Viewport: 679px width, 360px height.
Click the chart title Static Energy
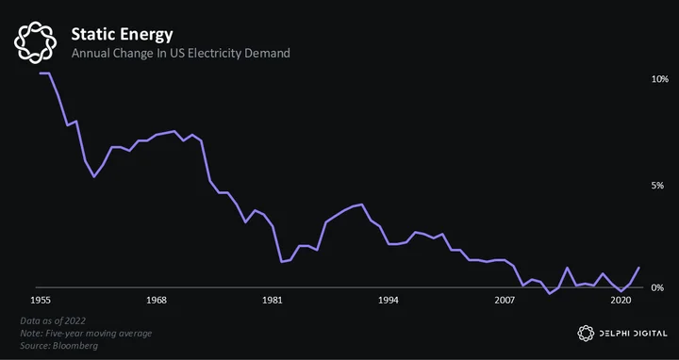pyautogui.click(x=122, y=35)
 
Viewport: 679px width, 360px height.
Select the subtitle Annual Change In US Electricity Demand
pyautogui.click(x=180, y=54)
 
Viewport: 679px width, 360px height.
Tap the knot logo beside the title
pyautogui.click(x=35, y=42)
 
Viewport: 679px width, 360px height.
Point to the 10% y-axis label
pyautogui.click(x=660, y=79)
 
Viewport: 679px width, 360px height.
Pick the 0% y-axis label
pyautogui.click(x=657, y=287)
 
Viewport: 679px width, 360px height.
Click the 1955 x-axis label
pyautogui.click(x=41, y=301)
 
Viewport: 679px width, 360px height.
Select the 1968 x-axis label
pyautogui.click(x=157, y=301)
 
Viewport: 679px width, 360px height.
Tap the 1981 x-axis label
pyautogui.click(x=273, y=301)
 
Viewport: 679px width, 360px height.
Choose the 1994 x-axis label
pyautogui.click(x=388, y=301)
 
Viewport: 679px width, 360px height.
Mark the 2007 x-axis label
pyautogui.click(x=504, y=301)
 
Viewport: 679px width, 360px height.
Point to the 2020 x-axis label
pyautogui.click(x=621, y=301)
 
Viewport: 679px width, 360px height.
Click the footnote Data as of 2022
pyautogui.click(x=53, y=321)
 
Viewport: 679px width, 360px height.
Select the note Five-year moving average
pyautogui.click(x=86, y=334)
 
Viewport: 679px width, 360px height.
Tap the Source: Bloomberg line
pyautogui.click(x=58, y=346)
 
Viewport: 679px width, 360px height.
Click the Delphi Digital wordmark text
pyautogui.click(x=633, y=334)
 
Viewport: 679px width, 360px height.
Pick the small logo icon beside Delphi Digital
pyautogui.click(x=586, y=334)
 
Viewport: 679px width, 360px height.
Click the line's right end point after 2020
pyautogui.click(x=638, y=268)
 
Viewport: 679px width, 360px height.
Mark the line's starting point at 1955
pyautogui.click(x=41, y=74)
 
